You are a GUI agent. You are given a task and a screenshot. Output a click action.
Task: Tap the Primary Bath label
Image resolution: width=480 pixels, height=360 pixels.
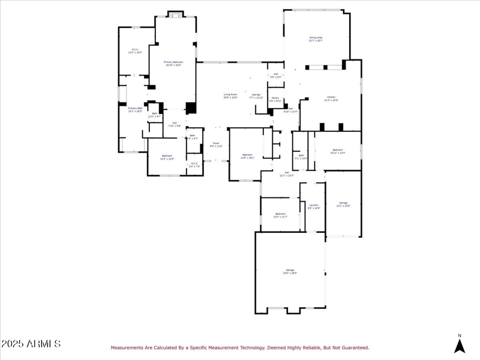tap(135, 109)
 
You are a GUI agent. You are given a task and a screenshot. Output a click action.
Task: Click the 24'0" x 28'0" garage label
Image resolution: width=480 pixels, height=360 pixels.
tap(290, 272)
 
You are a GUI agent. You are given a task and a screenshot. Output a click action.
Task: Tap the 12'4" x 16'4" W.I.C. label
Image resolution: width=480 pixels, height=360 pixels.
tap(135, 51)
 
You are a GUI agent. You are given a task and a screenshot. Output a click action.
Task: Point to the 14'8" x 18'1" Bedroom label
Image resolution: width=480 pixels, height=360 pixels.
tap(248, 155)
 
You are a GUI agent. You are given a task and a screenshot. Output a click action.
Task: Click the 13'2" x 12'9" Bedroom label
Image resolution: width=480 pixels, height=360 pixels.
tap(167, 157)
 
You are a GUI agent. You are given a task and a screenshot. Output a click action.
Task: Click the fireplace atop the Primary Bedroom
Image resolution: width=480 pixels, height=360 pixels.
tap(175, 14)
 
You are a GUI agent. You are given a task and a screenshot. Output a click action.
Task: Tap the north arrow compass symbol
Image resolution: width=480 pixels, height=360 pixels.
tap(460, 344)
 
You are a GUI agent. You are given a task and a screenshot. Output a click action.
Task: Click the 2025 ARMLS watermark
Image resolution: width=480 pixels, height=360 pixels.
tap(31, 344)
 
